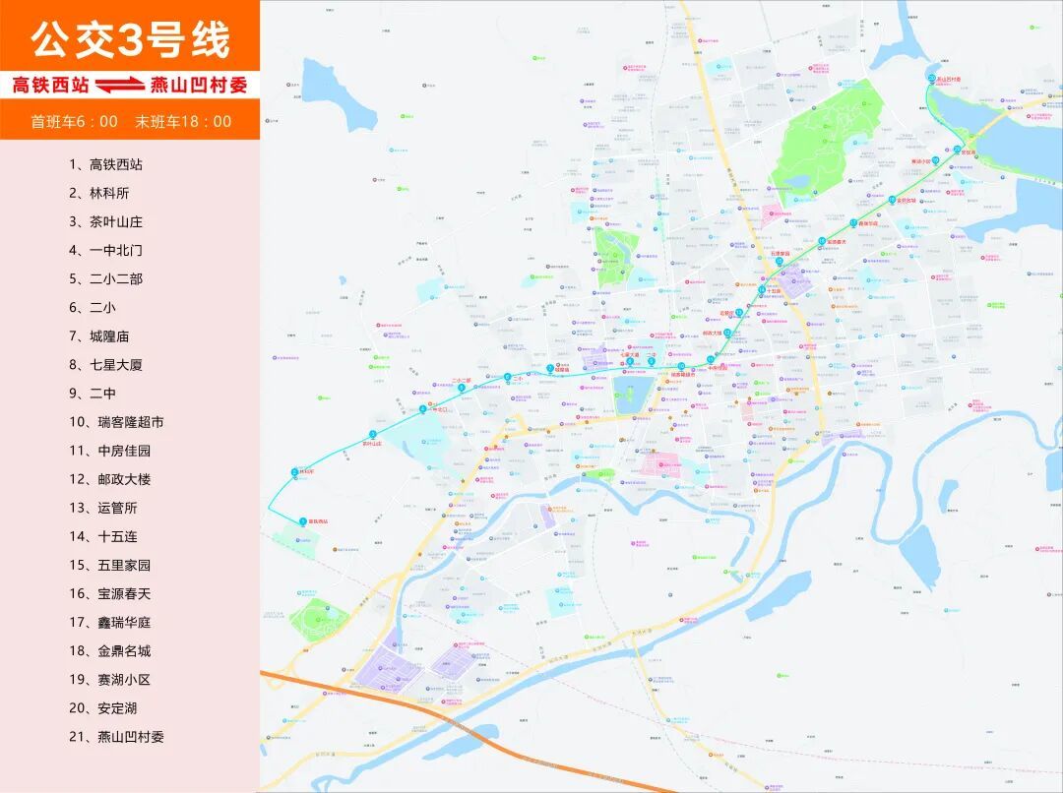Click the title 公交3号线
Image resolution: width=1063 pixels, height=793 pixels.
tap(130, 40)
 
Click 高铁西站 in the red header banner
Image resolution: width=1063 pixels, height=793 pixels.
tap(49, 86)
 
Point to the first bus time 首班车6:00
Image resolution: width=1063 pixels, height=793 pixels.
tap(74, 122)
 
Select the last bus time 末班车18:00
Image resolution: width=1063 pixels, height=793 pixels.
tap(184, 122)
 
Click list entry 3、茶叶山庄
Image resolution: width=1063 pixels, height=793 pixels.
tap(105, 221)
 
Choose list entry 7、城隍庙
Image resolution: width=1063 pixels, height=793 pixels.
tap(98, 335)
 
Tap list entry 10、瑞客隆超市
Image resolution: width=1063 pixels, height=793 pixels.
tap(116, 421)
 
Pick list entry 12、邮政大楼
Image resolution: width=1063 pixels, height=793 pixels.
tap(109, 478)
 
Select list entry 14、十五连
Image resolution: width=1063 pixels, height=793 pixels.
tap(102, 536)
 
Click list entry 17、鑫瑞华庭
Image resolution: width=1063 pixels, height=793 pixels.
tap(109, 622)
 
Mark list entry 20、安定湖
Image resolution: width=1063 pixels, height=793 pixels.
tap(102, 707)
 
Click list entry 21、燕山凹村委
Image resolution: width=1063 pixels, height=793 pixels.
tap(116, 736)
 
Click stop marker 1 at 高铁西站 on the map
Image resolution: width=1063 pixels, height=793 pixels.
tap(302, 520)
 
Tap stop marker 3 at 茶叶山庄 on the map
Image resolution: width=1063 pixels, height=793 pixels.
tap(373, 434)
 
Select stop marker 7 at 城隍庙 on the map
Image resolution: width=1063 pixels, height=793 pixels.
tap(550, 369)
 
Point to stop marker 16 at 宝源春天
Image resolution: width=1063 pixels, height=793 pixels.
tap(822, 241)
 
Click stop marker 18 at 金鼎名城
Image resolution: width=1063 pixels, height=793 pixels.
tap(893, 200)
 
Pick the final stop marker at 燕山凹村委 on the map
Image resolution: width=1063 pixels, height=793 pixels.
tap(932, 78)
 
